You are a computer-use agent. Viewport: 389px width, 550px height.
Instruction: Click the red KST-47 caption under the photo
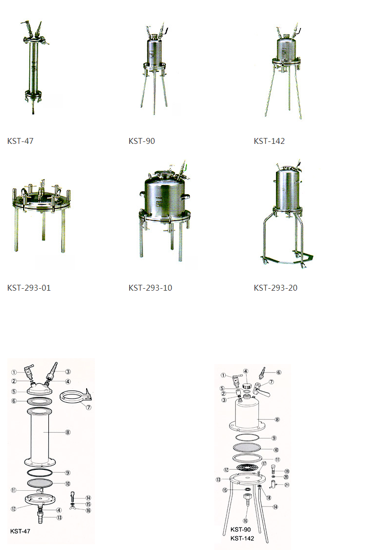[20, 141]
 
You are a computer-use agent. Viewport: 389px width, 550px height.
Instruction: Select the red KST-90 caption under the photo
[141, 141]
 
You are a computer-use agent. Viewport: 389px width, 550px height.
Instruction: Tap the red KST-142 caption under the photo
[269, 141]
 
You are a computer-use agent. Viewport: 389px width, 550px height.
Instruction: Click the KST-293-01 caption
[29, 288]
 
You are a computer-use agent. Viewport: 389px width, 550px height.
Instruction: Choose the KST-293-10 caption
[150, 288]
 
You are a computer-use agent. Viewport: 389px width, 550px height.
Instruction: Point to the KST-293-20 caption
[275, 288]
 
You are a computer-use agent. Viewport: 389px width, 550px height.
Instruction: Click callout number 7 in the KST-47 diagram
[88, 408]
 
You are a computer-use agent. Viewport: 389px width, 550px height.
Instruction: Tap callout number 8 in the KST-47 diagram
[68, 432]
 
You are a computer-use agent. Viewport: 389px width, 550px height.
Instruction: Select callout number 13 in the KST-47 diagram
[59, 517]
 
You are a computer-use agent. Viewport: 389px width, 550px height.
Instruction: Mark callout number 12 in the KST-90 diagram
[227, 469]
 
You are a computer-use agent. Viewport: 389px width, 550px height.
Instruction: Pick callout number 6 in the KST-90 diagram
[279, 372]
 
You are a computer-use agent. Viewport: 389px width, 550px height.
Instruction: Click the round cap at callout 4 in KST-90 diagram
[247, 387]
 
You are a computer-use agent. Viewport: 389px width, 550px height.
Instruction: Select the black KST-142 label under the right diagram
[242, 538]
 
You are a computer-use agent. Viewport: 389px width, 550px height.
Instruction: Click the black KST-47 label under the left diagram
[20, 530]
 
